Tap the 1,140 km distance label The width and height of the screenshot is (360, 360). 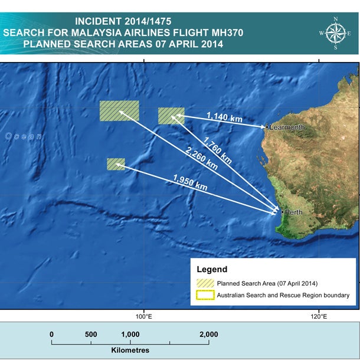[x=224, y=117]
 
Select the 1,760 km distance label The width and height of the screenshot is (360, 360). [x=217, y=150]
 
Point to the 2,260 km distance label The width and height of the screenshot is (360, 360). [x=201, y=158]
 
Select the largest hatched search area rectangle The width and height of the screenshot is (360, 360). [x=119, y=110]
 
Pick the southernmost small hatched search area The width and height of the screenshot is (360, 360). [x=116, y=164]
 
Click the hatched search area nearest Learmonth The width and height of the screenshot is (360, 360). [x=171, y=116]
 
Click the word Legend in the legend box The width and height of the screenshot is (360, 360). [x=211, y=270]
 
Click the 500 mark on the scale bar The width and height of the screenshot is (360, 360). [x=91, y=334]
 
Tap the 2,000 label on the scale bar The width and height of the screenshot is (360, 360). [x=208, y=334]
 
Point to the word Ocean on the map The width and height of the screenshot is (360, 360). [x=24, y=136]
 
